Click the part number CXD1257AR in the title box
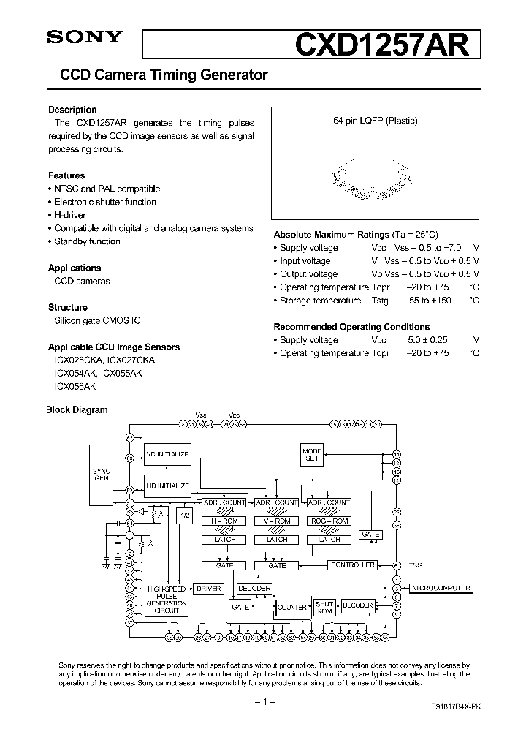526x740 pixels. tap(381, 45)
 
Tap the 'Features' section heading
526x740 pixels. tap(66, 175)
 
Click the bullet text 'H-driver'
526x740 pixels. tap(69, 215)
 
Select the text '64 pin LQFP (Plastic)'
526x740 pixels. tap(374, 121)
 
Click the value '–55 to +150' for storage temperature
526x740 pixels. tap(427, 301)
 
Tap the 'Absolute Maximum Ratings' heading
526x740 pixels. tap(331, 235)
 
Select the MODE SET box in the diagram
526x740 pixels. tap(312, 454)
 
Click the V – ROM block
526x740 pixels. tap(277, 521)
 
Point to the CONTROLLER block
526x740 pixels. tap(352, 565)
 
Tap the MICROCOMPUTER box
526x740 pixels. tap(441, 588)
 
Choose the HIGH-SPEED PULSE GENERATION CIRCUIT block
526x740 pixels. tap(167, 600)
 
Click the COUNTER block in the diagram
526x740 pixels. tap(291, 607)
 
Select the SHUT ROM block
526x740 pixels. tap(324, 607)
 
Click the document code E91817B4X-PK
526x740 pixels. tap(454, 709)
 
